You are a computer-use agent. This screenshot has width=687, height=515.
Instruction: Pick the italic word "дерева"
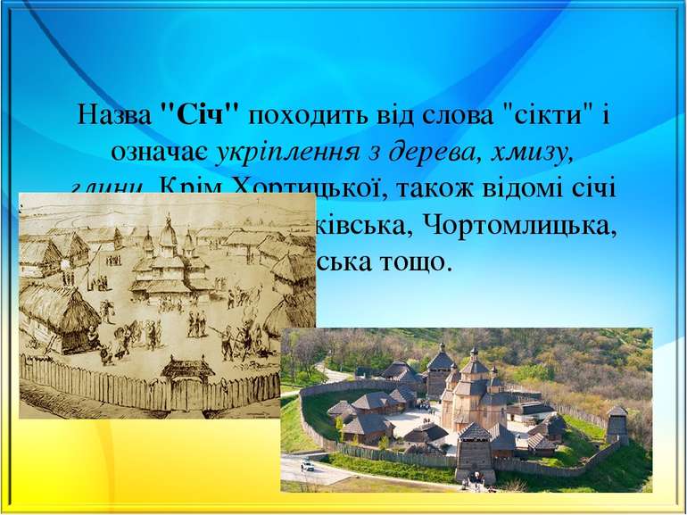[432, 152]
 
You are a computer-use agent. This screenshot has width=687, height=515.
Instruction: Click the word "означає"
[164, 152]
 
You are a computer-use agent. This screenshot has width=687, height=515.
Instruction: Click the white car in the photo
[307, 465]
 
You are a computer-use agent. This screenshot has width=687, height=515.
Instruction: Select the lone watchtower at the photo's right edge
[617, 426]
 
